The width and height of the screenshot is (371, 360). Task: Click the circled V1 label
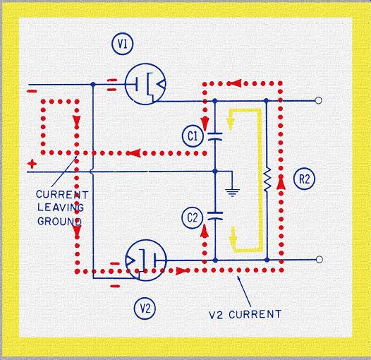point(122,44)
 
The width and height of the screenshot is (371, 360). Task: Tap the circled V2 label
point(145,308)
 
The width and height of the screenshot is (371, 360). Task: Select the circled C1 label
point(193,136)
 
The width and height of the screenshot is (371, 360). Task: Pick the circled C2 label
point(193,217)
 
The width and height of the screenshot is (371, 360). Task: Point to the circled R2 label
point(304,179)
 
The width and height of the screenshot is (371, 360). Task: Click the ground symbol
point(232,193)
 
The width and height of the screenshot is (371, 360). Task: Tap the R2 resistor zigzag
point(267,179)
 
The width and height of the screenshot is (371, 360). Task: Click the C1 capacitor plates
point(215,137)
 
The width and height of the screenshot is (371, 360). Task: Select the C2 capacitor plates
point(215,216)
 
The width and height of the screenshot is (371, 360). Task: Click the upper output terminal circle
point(319,101)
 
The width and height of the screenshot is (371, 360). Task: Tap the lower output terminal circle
point(320,260)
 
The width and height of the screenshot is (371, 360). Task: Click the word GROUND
point(59,222)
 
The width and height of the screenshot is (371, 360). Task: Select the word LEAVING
point(61,208)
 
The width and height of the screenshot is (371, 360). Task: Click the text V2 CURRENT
point(245,314)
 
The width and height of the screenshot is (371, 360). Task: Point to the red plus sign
point(32,164)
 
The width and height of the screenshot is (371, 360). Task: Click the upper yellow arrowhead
point(231,121)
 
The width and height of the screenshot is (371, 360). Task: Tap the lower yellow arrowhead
point(233,236)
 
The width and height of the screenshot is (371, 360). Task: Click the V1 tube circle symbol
point(145,84)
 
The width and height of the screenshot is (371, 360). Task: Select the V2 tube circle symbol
point(146,260)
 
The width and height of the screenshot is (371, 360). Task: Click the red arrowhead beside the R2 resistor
point(281,184)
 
